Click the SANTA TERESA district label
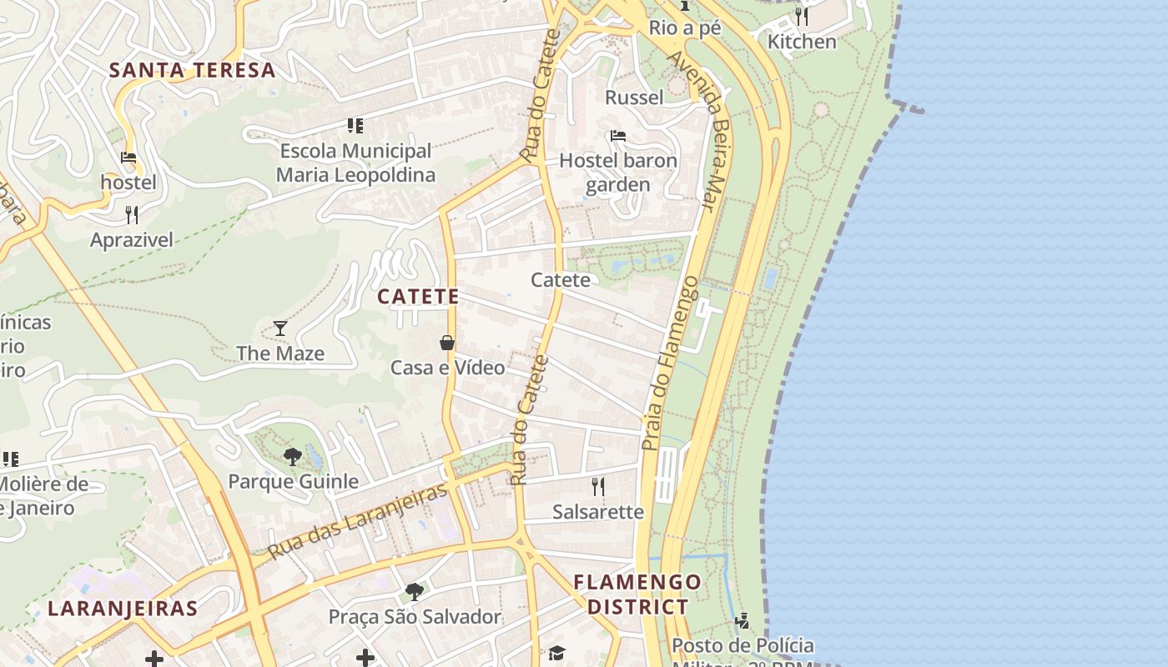[x=193, y=70]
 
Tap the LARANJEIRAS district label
[x=123, y=609]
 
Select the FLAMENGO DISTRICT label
[x=638, y=594]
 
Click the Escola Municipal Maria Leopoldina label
[x=355, y=163]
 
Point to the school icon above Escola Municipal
[x=355, y=126]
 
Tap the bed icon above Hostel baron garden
[x=618, y=135]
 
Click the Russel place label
[x=634, y=98]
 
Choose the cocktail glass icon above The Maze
[x=280, y=328]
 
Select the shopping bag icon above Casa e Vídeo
[x=447, y=343]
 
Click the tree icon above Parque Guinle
[x=293, y=456]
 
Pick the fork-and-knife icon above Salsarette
[x=597, y=486]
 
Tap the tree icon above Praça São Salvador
[x=414, y=592]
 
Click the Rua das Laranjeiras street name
[x=358, y=522]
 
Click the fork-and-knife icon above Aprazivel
[x=132, y=215]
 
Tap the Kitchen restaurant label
[x=802, y=42]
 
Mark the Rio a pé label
[x=685, y=28]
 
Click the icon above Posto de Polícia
[x=743, y=621]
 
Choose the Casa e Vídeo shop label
[x=448, y=368]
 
